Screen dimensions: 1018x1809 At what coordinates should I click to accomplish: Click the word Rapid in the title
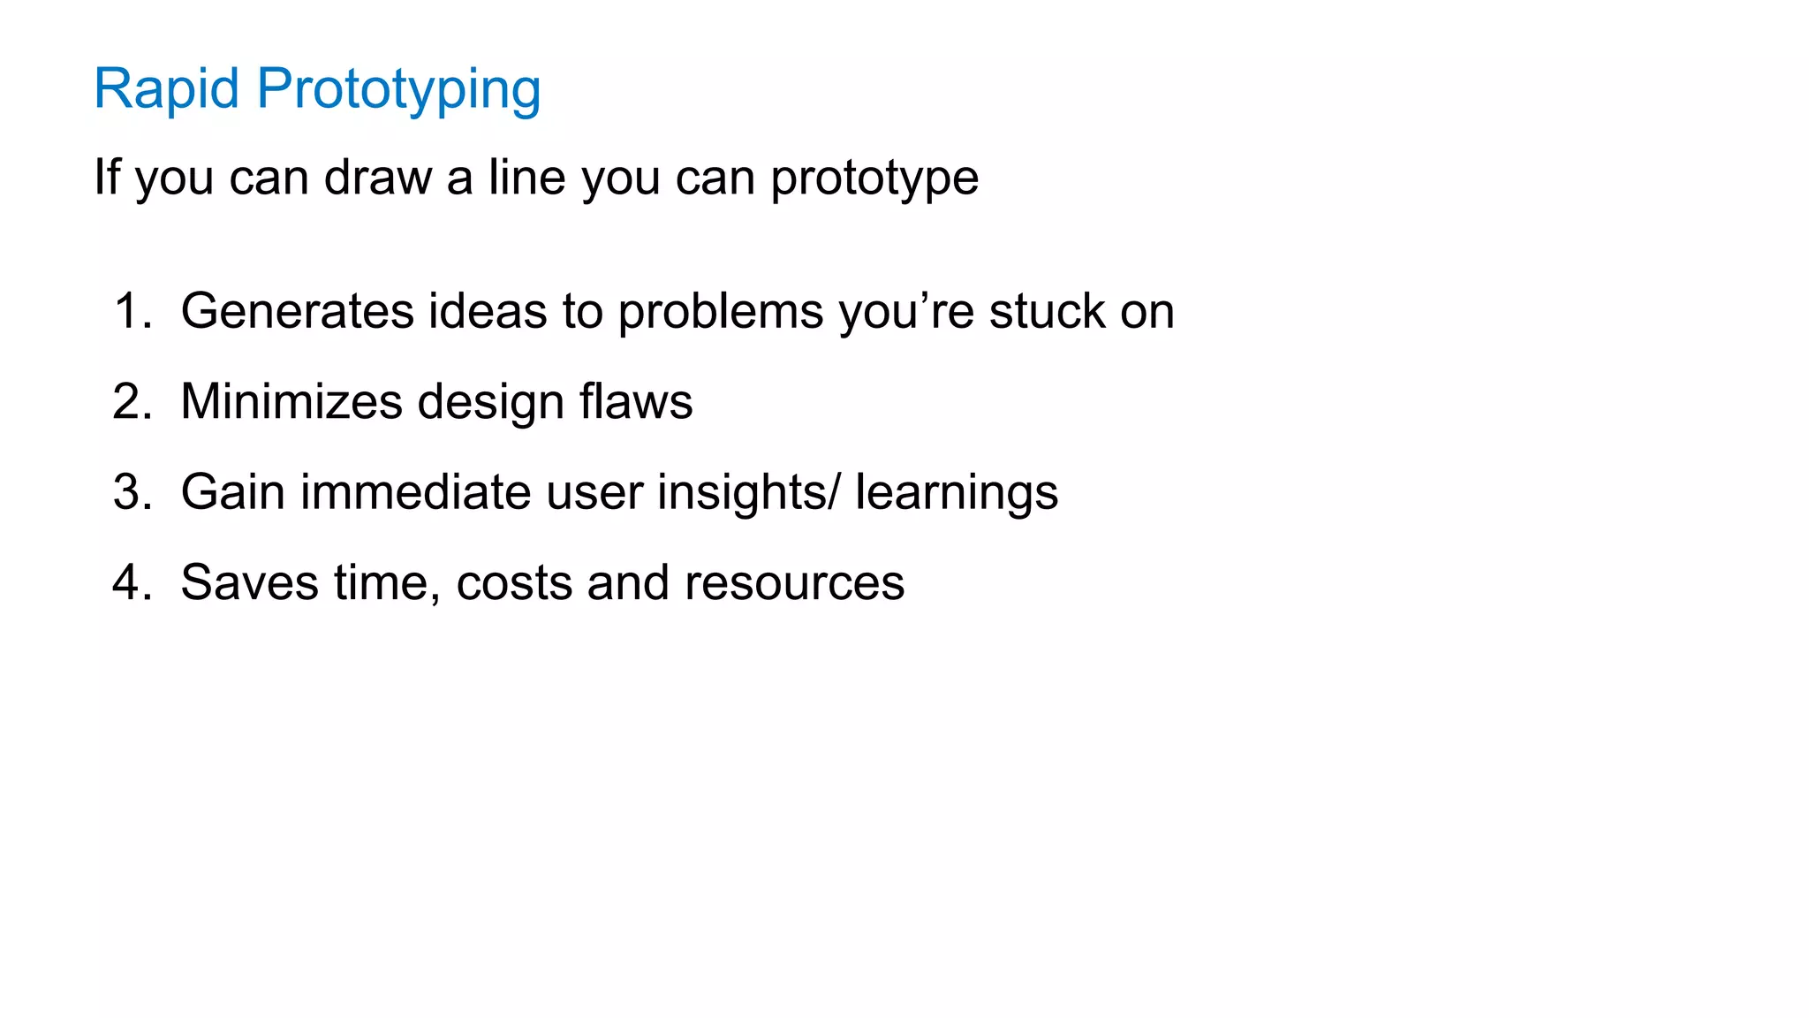166,89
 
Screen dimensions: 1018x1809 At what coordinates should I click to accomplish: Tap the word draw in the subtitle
378,177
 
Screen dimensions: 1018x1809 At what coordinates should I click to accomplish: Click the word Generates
298,311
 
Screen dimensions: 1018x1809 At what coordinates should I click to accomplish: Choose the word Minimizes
291,401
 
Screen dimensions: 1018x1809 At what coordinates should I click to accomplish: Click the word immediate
415,492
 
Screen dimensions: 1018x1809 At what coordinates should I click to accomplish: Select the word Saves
250,582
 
